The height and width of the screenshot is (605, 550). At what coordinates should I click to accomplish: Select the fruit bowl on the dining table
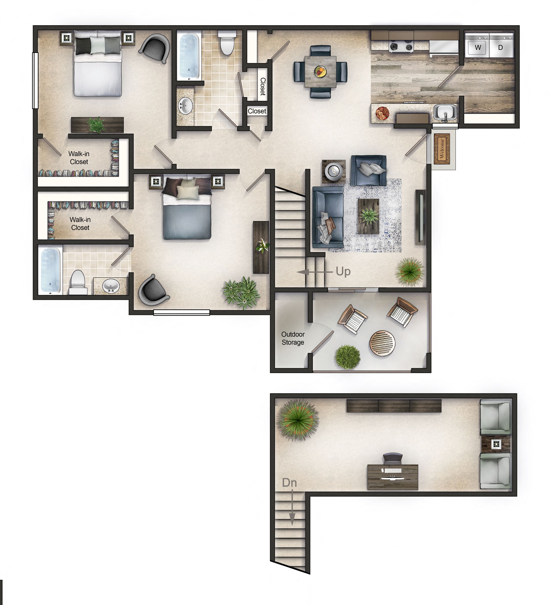[x=320, y=71]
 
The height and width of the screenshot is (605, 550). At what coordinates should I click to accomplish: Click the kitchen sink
[x=445, y=113]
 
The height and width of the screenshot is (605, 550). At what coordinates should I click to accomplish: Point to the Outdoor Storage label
[x=293, y=338]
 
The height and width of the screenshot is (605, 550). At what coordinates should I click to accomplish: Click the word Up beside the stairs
[x=343, y=271]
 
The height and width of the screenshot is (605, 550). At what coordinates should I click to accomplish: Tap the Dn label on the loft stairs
[x=289, y=483]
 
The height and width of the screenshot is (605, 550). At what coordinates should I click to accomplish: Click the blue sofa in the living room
[x=328, y=217]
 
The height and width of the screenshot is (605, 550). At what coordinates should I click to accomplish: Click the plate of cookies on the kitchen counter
[x=382, y=114]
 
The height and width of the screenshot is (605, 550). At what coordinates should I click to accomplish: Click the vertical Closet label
[x=263, y=86]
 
